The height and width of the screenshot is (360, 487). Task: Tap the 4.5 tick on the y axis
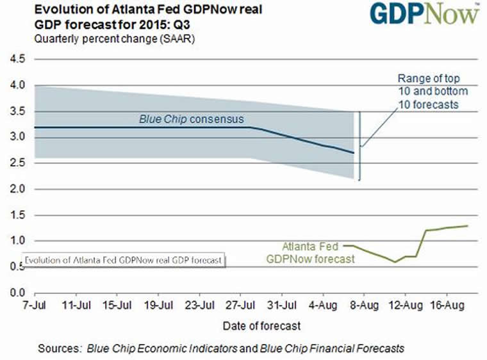tap(15, 59)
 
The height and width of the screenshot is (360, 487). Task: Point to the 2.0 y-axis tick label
tap(15, 189)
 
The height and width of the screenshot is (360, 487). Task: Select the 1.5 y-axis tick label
tap(15, 215)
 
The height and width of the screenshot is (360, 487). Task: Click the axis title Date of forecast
tap(261, 326)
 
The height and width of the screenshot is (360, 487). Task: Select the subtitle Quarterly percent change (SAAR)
tap(106, 39)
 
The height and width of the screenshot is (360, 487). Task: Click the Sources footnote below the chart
tap(221, 348)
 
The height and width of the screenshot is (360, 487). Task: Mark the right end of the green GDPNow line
tap(468, 225)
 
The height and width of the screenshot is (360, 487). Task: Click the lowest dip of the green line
tap(395, 261)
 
